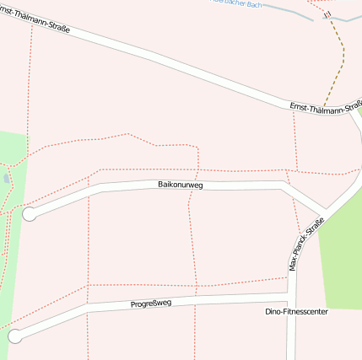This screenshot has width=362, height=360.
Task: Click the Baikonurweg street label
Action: point(181,184)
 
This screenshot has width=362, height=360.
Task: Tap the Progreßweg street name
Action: point(150,304)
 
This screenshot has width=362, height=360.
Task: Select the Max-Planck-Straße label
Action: point(306,244)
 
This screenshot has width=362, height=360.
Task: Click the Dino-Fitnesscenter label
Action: point(296,311)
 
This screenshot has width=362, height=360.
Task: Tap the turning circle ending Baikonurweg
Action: point(30,214)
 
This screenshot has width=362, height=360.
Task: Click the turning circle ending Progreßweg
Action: point(14,336)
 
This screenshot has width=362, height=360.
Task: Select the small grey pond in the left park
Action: point(7,178)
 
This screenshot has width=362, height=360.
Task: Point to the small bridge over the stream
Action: point(327,14)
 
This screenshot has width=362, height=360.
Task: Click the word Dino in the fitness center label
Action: point(273,311)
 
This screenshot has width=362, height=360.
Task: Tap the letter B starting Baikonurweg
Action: point(160,185)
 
